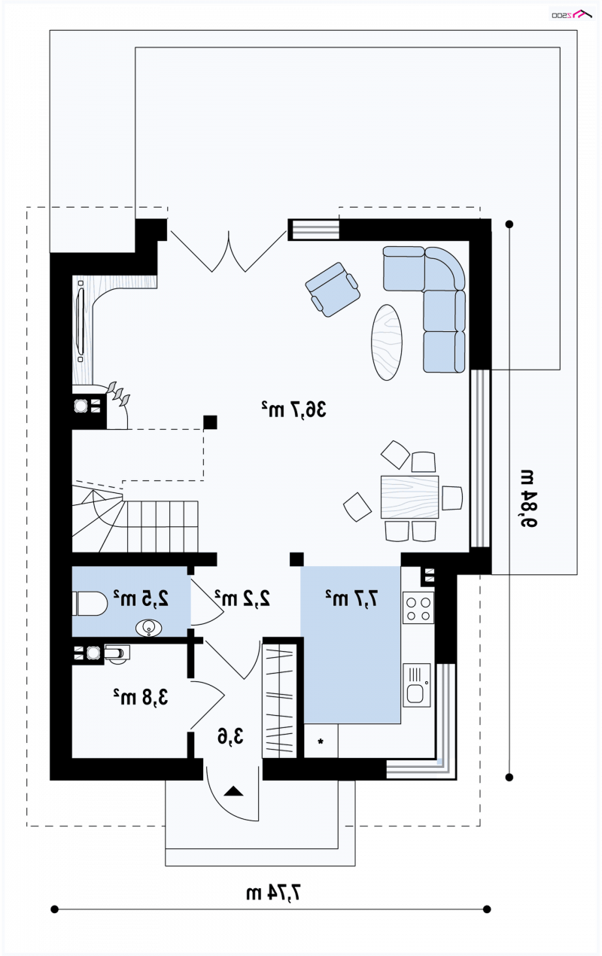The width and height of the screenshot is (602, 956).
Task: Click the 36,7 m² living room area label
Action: pos(293,409)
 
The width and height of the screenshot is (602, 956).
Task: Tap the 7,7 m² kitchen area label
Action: pos(352,598)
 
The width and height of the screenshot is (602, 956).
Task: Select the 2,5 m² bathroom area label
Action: pos(141,598)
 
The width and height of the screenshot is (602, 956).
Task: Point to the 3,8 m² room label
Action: pos(141,697)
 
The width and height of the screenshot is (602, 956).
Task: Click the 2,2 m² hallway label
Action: pos(242,598)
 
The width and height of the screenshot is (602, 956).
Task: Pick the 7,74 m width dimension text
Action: pos(273,893)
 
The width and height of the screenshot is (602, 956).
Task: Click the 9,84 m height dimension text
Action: pos(528,498)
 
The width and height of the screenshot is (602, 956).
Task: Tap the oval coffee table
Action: pos(387,342)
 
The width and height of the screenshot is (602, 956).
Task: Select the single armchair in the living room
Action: pos(333,289)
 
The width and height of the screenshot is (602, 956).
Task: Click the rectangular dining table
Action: pos(409,497)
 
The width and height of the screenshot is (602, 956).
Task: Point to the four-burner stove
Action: pos(418,608)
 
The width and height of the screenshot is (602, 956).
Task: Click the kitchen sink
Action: pos(417,684)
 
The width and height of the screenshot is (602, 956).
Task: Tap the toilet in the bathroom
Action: pos(90,603)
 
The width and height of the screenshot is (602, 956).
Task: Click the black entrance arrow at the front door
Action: pos(233,791)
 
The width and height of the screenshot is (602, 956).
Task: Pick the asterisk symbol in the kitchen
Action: pos(321,742)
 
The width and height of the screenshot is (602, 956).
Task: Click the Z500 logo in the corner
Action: pos(572,14)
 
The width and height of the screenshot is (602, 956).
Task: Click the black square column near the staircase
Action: pos(210,422)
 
